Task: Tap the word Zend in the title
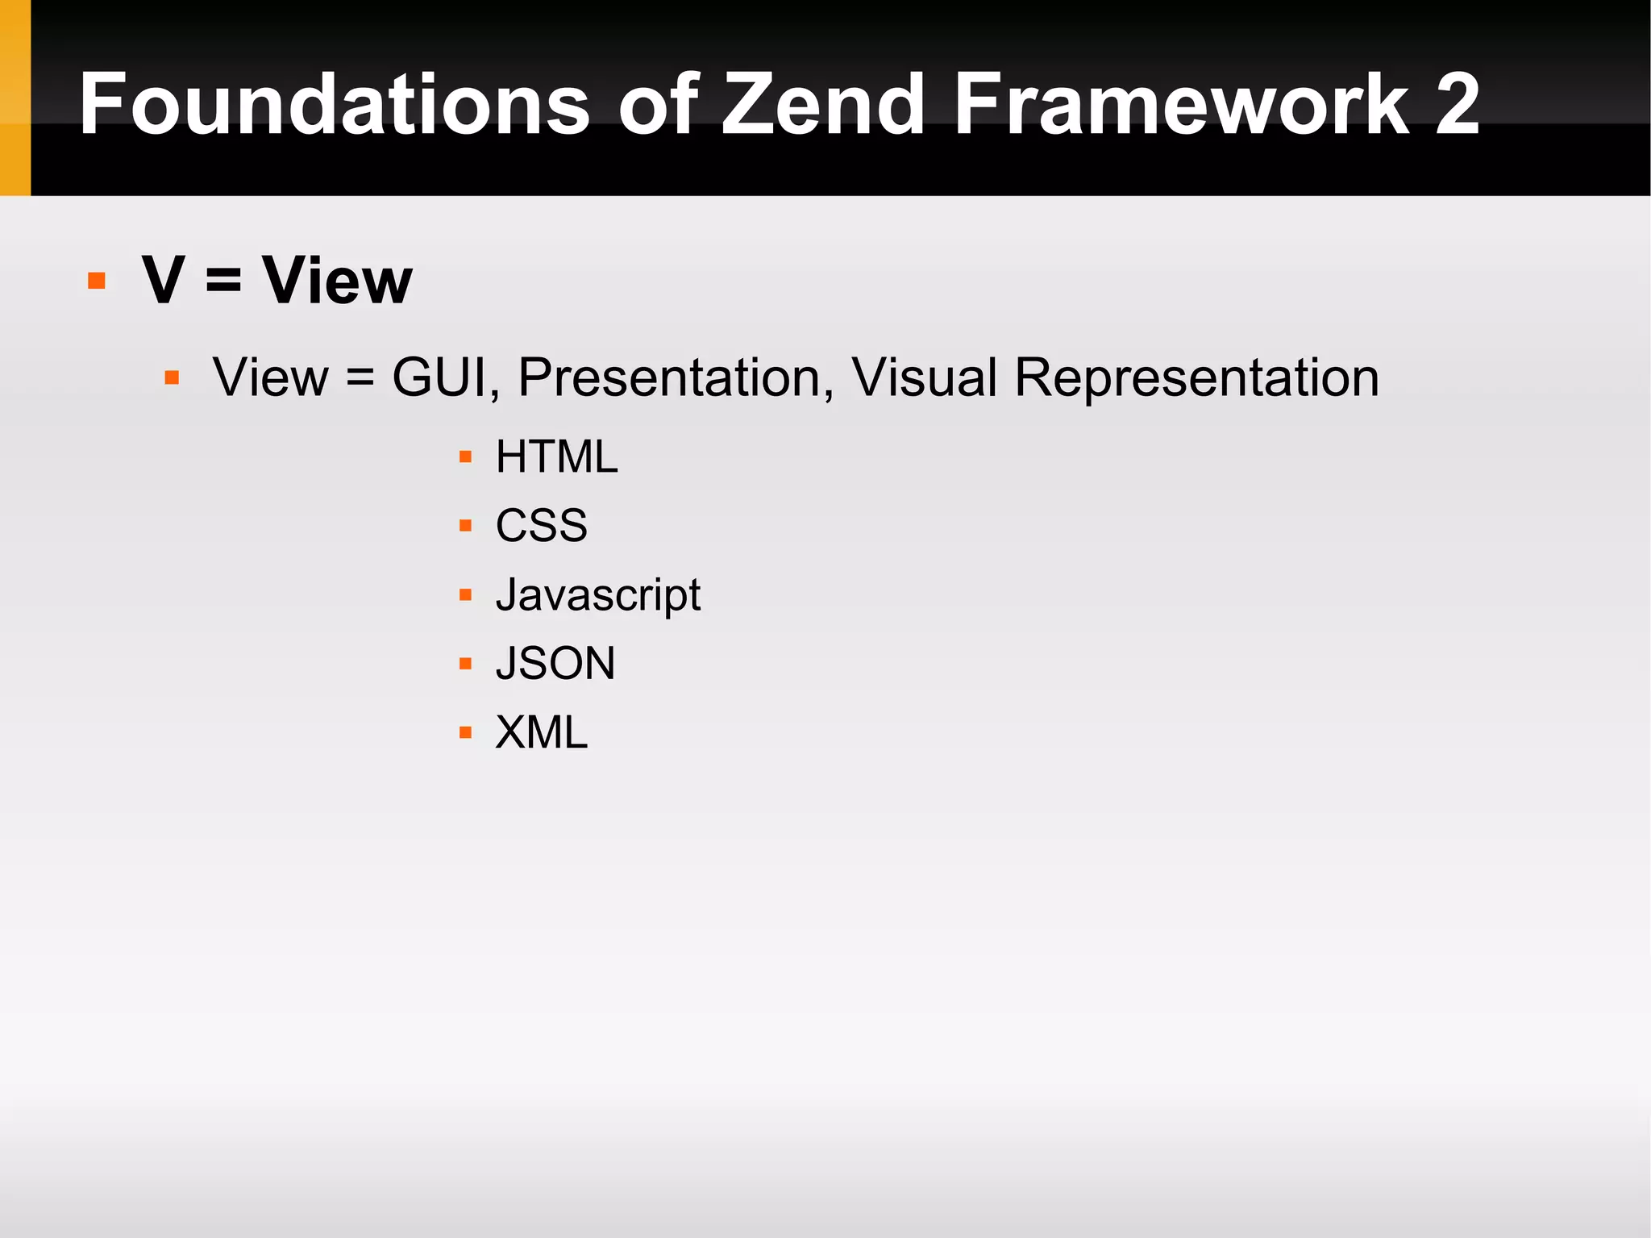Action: click(x=823, y=104)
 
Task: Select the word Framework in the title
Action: click(x=1182, y=104)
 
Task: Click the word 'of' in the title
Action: click(x=658, y=104)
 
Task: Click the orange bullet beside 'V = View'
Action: click(x=97, y=281)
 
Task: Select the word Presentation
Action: click(x=676, y=377)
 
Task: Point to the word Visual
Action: click(x=925, y=377)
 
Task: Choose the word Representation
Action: click(x=1196, y=377)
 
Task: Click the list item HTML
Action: click(x=556, y=457)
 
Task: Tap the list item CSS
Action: click(x=541, y=526)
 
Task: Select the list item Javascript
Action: click(x=597, y=595)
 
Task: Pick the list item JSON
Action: click(x=555, y=664)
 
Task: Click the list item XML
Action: click(x=541, y=732)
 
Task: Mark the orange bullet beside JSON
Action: click(x=465, y=664)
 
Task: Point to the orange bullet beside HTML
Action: click(x=465, y=457)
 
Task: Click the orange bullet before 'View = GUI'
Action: click(x=171, y=377)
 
